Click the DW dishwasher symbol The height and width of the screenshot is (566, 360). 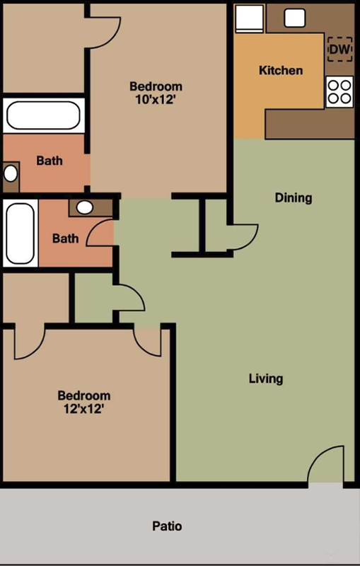click(x=339, y=49)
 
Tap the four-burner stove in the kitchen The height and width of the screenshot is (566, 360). click(x=339, y=92)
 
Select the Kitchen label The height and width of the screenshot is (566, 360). click(x=281, y=70)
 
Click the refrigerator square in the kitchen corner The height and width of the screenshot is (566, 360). click(x=249, y=19)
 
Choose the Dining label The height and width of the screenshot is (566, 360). click(x=294, y=197)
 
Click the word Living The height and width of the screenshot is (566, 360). click(x=266, y=379)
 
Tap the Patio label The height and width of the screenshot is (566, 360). click(x=167, y=526)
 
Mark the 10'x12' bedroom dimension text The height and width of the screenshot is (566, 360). click(x=156, y=99)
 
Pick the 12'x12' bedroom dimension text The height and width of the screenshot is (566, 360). click(x=83, y=409)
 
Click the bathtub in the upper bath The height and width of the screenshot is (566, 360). click(x=44, y=115)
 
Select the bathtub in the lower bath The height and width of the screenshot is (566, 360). click(x=21, y=233)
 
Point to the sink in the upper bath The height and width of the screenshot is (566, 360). click(x=11, y=173)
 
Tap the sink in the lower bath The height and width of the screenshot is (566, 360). click(x=85, y=207)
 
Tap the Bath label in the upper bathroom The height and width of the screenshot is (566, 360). click(x=50, y=161)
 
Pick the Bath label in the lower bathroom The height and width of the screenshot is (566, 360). click(x=65, y=238)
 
